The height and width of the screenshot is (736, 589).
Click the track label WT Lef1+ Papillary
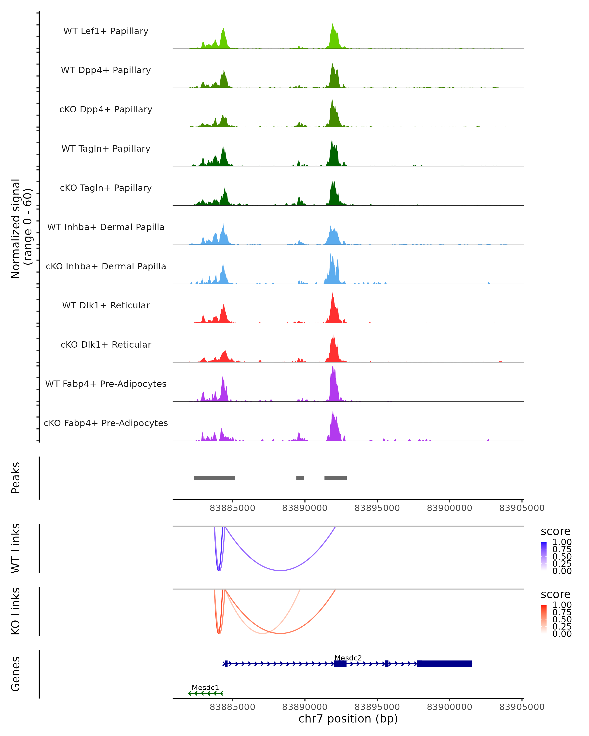(106, 31)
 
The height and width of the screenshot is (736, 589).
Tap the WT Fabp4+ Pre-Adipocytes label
(106, 384)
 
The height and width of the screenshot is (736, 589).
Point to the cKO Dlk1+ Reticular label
(106, 344)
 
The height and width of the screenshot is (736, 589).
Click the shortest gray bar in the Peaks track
(300, 478)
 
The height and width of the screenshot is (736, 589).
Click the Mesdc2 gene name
(348, 658)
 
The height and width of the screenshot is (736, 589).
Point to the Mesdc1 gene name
(205, 687)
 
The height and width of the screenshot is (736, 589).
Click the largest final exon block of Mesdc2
(444, 664)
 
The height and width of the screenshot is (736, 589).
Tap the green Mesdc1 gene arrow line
(205, 693)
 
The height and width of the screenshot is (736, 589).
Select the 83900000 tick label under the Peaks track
(449, 508)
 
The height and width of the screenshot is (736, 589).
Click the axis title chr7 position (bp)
(348, 719)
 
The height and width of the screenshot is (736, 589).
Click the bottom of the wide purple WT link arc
(280, 570)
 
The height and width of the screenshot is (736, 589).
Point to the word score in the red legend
(555, 594)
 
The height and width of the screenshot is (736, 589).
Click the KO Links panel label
(16, 611)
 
